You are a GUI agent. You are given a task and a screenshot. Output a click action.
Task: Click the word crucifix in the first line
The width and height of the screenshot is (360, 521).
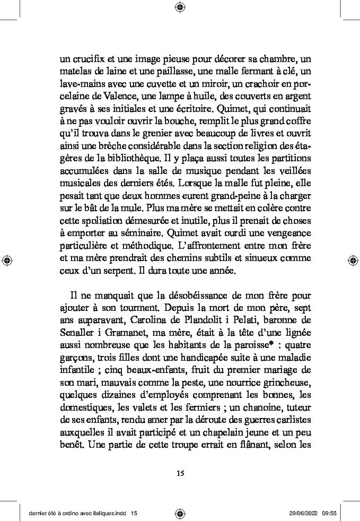coord(90,58)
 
